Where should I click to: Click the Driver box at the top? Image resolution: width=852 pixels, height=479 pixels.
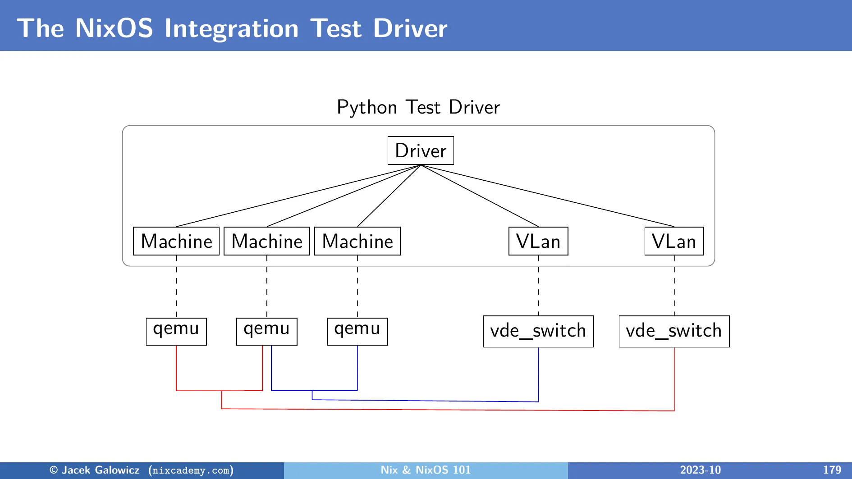pyautogui.click(x=421, y=151)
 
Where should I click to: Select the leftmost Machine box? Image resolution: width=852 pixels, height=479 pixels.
pyautogui.click(x=176, y=241)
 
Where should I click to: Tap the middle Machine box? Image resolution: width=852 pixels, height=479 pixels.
pyautogui.click(x=267, y=241)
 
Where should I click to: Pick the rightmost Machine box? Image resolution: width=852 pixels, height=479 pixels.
pyautogui.click(x=357, y=241)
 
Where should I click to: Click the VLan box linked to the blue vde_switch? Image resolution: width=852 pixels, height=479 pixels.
pyautogui.click(x=538, y=241)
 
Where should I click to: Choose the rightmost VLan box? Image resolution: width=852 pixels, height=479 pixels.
pyautogui.click(x=674, y=241)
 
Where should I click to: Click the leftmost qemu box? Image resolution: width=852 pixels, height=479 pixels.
pyautogui.click(x=176, y=331)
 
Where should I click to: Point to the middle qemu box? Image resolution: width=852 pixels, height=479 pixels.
pyautogui.click(x=267, y=331)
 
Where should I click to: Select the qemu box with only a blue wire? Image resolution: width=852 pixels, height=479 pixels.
pyautogui.click(x=357, y=331)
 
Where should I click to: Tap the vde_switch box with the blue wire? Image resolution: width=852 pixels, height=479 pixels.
pyautogui.click(x=538, y=331)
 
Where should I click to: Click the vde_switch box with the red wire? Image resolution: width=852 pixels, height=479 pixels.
pyautogui.click(x=674, y=331)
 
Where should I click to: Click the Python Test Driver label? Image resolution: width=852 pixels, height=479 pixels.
pyautogui.click(x=418, y=108)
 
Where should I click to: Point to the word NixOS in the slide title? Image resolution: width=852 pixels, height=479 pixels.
pyautogui.click(x=114, y=28)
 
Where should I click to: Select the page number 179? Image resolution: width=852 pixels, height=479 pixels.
pyautogui.click(x=832, y=470)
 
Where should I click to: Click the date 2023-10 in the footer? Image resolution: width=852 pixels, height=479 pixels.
pyautogui.click(x=700, y=470)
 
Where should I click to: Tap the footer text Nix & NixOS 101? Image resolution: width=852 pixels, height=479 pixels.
pyautogui.click(x=426, y=470)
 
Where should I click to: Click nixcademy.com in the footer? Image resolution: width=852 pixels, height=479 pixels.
pyautogui.click(x=191, y=470)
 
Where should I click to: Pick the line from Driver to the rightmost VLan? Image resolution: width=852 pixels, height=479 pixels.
pyautogui.click(x=547, y=196)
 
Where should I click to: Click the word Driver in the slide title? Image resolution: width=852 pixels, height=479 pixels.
pyautogui.click(x=410, y=28)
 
